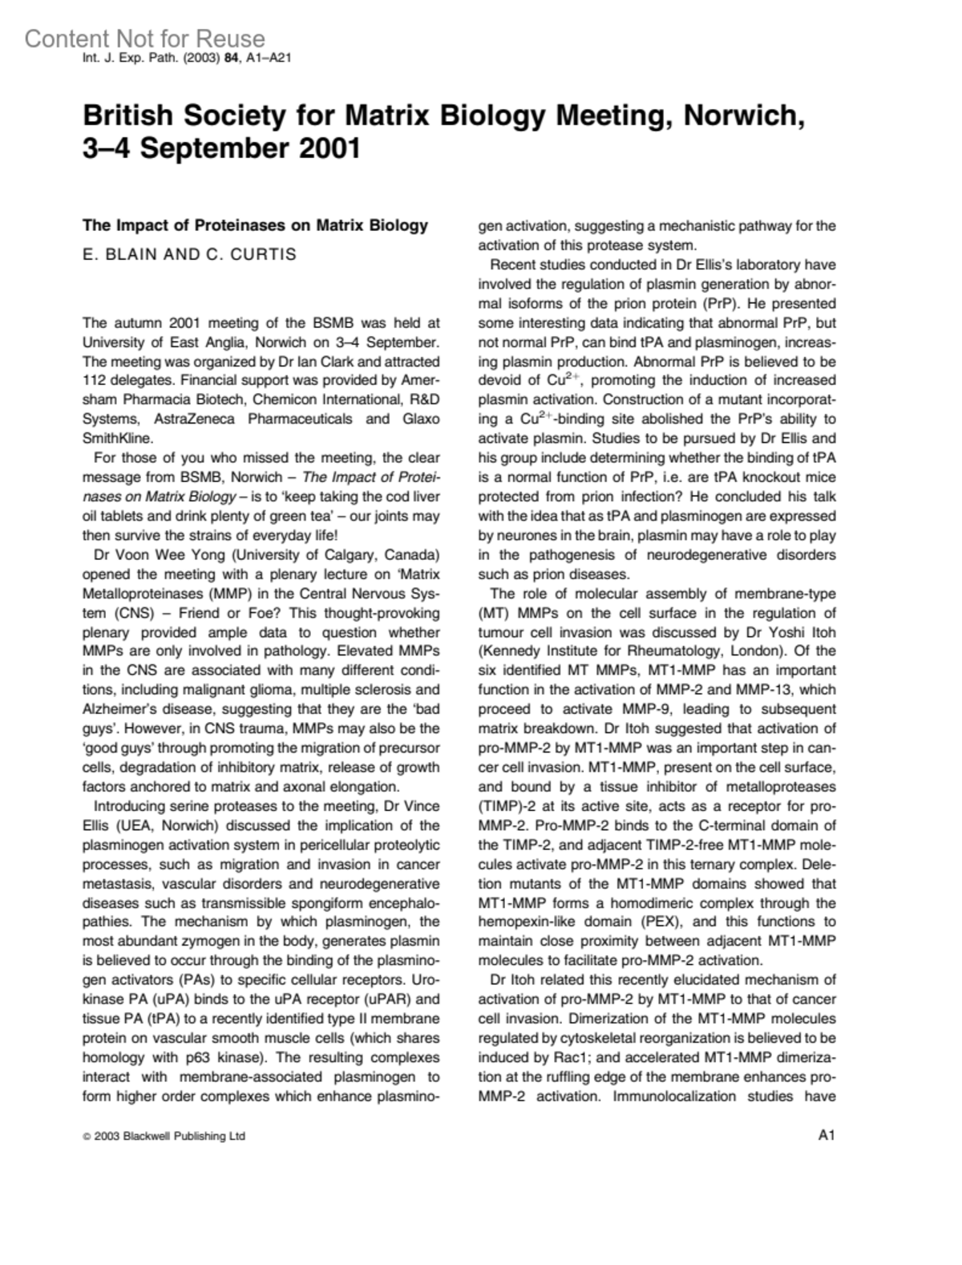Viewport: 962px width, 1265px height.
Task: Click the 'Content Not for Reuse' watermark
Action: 144,39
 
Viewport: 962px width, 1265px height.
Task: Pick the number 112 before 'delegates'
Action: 95,380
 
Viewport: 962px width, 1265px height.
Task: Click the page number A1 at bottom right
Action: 827,1135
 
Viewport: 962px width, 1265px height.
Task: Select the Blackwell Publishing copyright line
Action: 164,1136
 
